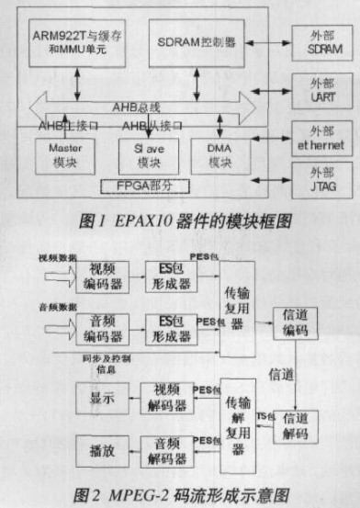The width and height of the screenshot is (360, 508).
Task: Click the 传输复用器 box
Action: coord(240,305)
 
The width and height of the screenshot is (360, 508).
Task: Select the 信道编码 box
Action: coord(298,320)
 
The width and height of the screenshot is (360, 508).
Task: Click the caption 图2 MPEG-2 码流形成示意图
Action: coord(180,492)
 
